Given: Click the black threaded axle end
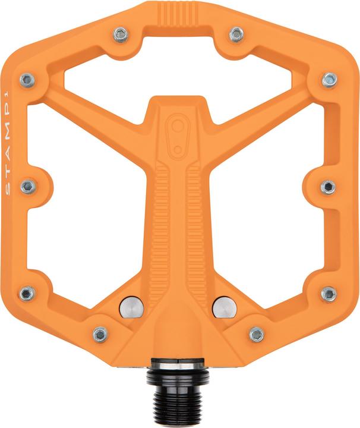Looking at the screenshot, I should pyautogui.click(x=181, y=395).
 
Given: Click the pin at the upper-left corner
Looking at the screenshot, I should pyautogui.click(x=26, y=79).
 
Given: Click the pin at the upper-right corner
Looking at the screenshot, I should pyautogui.click(x=329, y=79).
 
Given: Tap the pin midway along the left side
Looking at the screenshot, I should pyautogui.click(x=27, y=187).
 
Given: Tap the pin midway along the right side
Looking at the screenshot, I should pyautogui.click(x=327, y=187).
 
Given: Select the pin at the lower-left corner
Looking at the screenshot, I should pyautogui.click(x=27, y=293).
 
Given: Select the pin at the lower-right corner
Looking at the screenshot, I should pyautogui.click(x=329, y=293).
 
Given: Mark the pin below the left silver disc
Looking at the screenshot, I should pyautogui.click(x=100, y=334).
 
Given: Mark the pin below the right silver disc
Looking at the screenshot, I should pyautogui.click(x=257, y=334).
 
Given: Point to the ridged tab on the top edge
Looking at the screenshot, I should pyautogui.click(x=180, y=11).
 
